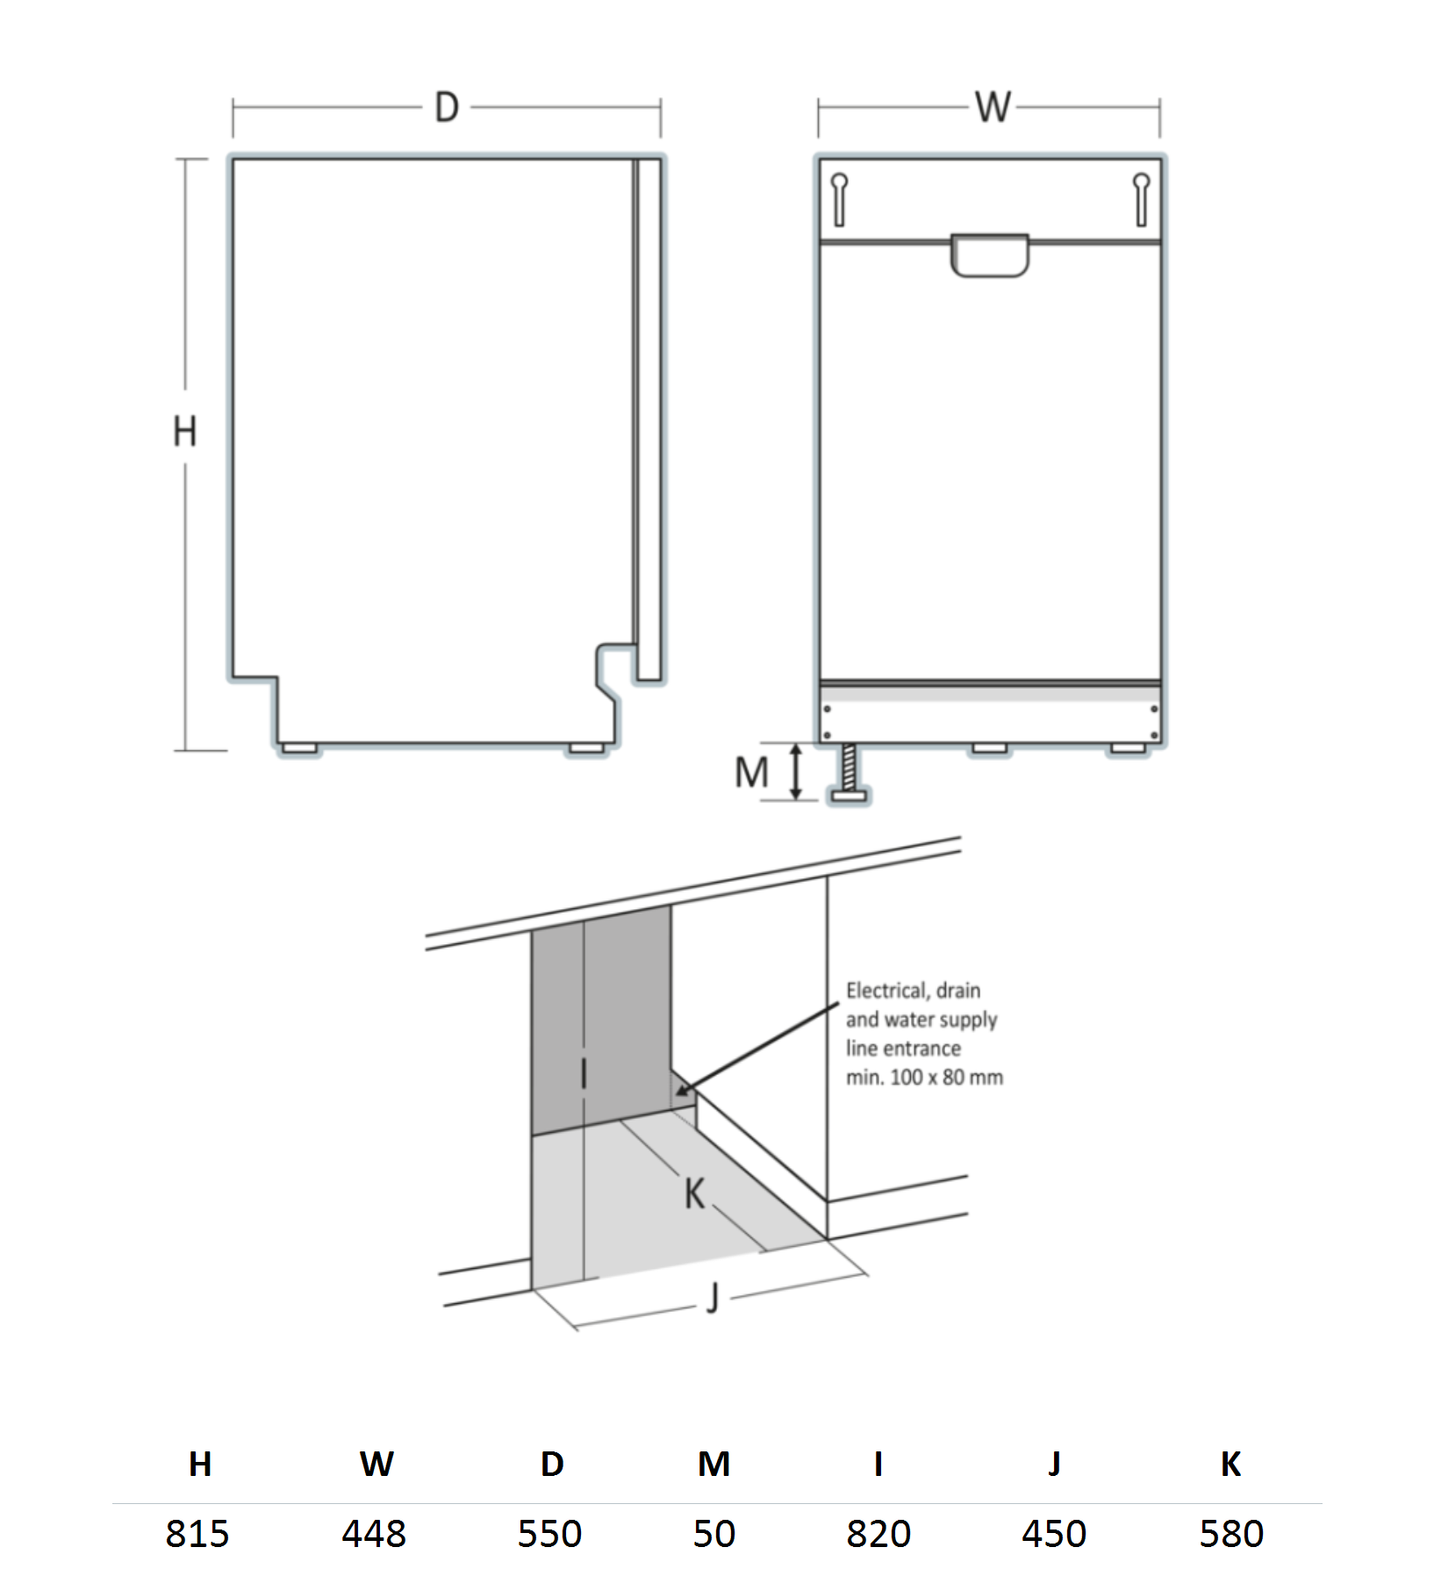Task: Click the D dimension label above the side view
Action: [447, 108]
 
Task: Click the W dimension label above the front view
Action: [993, 108]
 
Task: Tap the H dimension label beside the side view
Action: [184, 432]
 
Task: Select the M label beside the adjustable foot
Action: [751, 773]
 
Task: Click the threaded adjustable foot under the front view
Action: [849, 773]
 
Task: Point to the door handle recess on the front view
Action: [990, 255]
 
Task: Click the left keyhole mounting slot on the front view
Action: [839, 199]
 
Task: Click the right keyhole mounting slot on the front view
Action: [1141, 199]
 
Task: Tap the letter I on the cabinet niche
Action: [584, 1073]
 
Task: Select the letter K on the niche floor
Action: [694, 1193]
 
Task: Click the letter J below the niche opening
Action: [713, 1298]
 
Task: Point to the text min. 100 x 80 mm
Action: [924, 1078]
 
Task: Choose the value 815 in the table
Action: [197, 1534]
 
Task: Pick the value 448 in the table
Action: [374, 1534]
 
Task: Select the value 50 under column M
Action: [713, 1534]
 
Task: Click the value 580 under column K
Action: [1230, 1534]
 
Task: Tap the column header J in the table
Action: [1054, 1464]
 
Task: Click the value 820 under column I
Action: [878, 1534]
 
